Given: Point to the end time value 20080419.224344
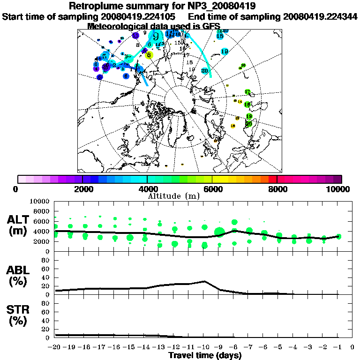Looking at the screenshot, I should click(321, 17).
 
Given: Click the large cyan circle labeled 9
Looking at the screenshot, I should click(156, 37).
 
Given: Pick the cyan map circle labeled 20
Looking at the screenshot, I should click(205, 71).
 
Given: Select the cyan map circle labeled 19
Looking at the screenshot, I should click(225, 51).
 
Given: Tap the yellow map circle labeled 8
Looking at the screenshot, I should click(149, 55).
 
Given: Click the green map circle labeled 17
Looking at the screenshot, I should click(247, 91).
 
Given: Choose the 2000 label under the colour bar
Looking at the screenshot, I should click(82, 189).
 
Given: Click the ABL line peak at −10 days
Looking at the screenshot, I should click(204, 281).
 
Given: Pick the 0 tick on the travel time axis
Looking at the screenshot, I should click(352, 347).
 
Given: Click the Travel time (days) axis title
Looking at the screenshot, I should click(204, 355).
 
